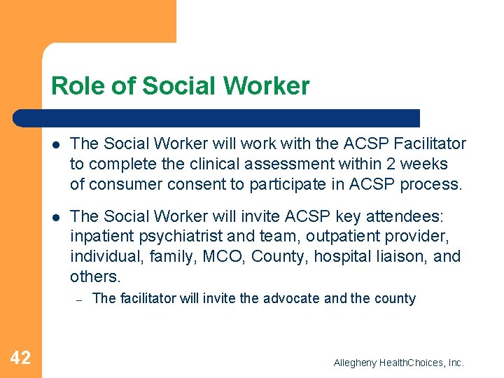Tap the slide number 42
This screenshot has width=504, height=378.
click(x=20, y=358)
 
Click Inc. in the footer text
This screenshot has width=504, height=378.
click(x=455, y=363)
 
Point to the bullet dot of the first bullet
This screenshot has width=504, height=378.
click(x=56, y=144)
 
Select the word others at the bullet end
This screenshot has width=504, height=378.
click(x=94, y=276)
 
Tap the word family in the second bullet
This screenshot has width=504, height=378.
click(x=170, y=257)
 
